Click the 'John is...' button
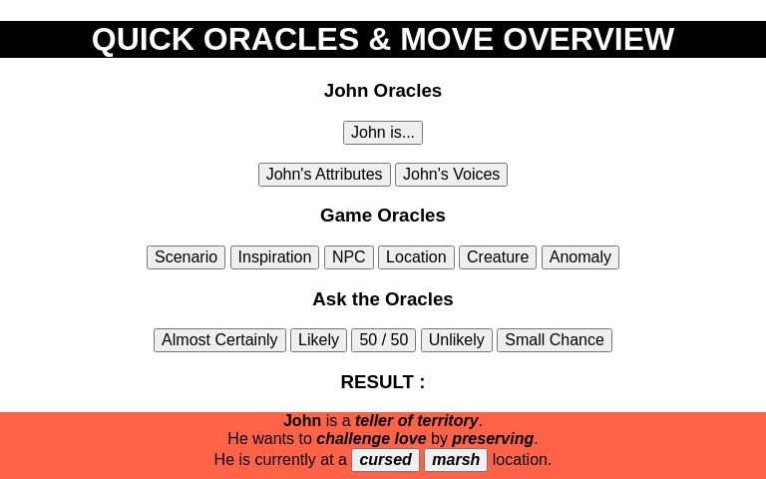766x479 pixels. coord(383,133)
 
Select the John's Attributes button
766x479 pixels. coord(324,175)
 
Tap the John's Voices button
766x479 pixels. coord(451,175)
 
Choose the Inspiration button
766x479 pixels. coord(274,257)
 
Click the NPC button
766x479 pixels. coord(349,257)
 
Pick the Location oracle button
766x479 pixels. coord(416,257)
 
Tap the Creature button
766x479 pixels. coord(498,257)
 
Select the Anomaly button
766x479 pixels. coord(579,257)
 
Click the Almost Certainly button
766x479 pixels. coord(219,340)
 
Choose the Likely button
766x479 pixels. coord(318,340)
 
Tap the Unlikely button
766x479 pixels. coord(456,340)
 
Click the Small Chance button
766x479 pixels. coord(554,340)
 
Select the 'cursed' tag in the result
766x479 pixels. coord(385,460)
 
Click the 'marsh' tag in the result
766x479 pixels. coord(456,460)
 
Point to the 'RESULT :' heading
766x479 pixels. coord(383,382)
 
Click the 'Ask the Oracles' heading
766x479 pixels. coord(383,299)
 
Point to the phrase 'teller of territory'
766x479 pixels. coord(417,421)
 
